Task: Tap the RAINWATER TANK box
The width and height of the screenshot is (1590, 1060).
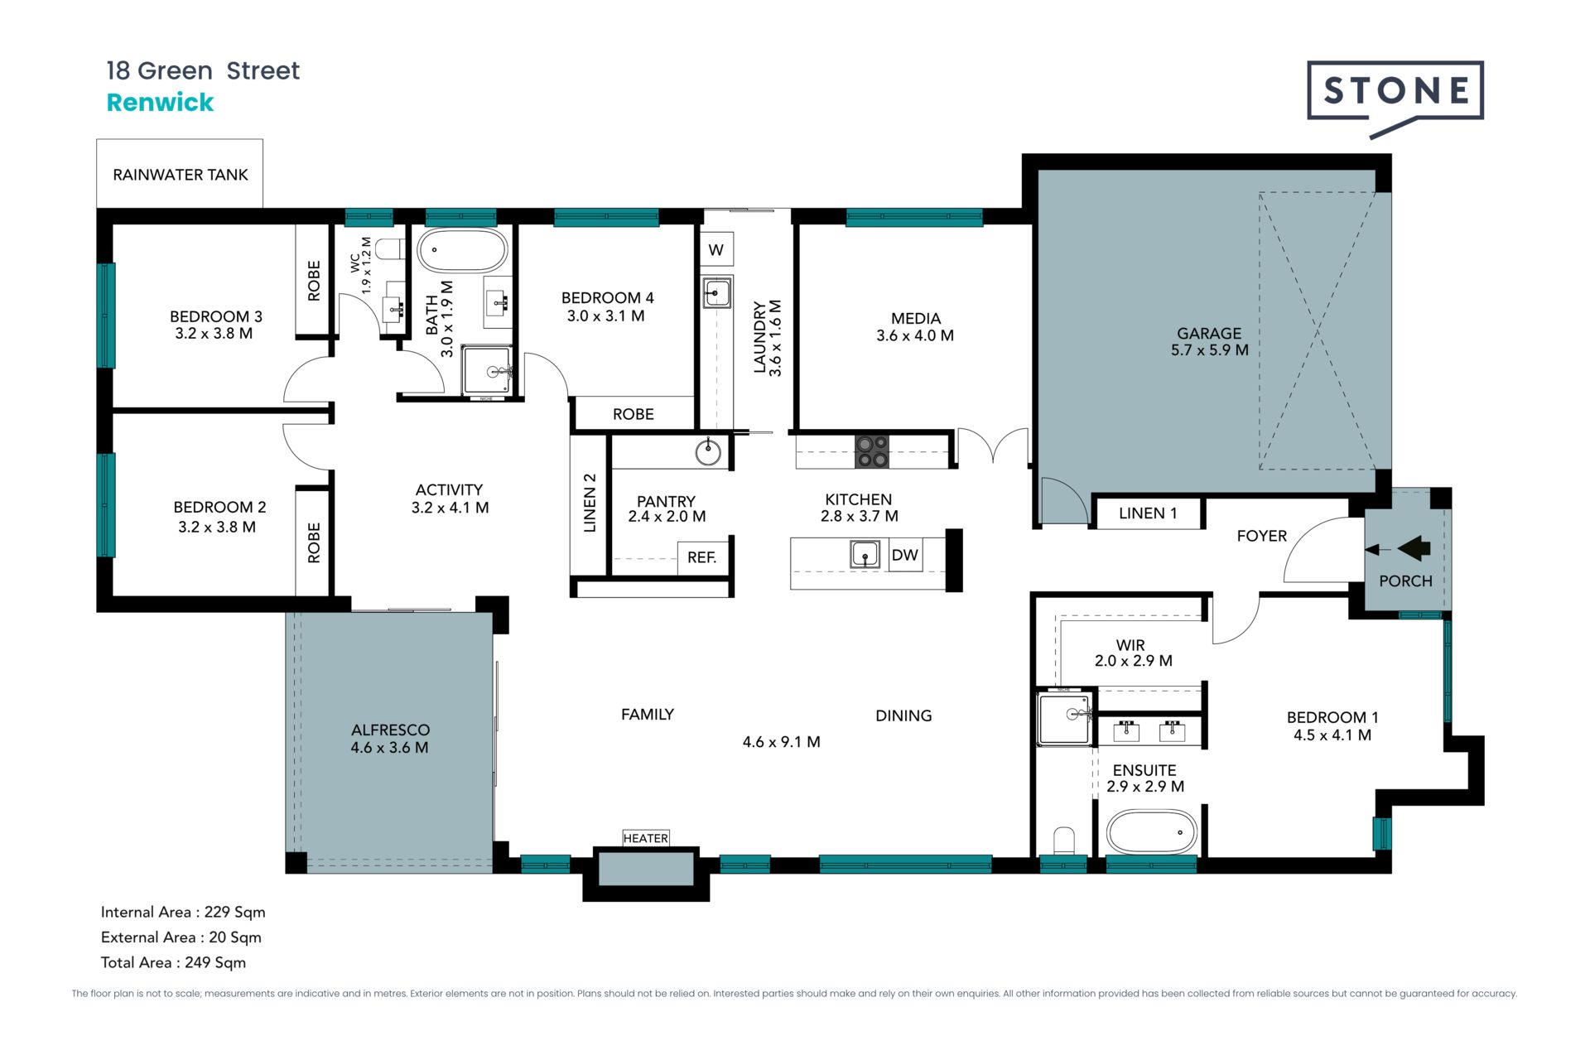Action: [x=180, y=173]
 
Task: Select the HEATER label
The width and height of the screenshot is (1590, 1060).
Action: [x=646, y=838]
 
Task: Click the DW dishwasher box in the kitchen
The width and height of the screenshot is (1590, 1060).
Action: [x=905, y=555]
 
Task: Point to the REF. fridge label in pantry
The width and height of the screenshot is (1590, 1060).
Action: [x=701, y=557]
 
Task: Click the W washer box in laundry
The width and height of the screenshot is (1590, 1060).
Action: [x=716, y=249]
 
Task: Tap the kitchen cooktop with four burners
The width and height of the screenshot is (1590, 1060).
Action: [x=872, y=451]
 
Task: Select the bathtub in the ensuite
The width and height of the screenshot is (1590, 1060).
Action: [x=1151, y=832]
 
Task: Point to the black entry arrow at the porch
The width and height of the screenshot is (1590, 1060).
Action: [x=1414, y=548]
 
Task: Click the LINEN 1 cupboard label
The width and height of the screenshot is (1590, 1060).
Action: [x=1148, y=513]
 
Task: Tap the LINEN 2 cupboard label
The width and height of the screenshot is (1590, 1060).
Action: [x=590, y=503]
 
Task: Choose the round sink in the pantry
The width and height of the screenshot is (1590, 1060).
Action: [x=708, y=452]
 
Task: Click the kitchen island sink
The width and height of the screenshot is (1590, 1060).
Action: [x=865, y=554]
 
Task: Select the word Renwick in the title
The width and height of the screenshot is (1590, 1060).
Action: [x=160, y=103]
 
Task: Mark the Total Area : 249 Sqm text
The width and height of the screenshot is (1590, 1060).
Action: [x=173, y=962]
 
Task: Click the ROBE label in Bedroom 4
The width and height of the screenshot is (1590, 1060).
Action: [x=634, y=414]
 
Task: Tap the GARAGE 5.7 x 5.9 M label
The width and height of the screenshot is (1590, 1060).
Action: [x=1209, y=341]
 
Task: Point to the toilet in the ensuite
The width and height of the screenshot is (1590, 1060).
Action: [x=1064, y=841]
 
